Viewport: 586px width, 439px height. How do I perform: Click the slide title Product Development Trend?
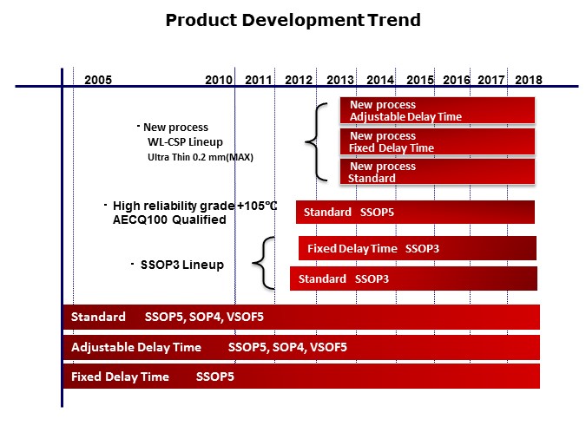click(x=293, y=20)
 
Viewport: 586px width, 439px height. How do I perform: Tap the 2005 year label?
click(x=98, y=80)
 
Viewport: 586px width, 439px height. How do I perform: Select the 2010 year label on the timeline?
click(x=219, y=80)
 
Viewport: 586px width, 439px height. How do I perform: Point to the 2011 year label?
click(x=259, y=80)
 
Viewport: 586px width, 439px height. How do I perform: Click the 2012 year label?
click(x=298, y=80)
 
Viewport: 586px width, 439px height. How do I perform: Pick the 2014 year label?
click(x=380, y=80)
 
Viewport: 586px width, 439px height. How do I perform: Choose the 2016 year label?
click(x=457, y=80)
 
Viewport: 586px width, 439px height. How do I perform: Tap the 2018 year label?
click(x=528, y=80)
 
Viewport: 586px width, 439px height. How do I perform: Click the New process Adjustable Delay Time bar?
click(x=437, y=111)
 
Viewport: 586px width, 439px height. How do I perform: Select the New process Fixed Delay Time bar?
click(x=437, y=142)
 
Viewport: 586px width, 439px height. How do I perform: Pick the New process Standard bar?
click(x=437, y=172)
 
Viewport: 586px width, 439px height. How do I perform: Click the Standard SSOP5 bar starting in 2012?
click(x=415, y=213)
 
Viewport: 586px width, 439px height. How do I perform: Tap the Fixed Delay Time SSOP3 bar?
click(x=417, y=249)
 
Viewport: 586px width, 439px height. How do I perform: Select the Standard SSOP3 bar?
click(x=412, y=278)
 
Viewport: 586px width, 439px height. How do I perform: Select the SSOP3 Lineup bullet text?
click(x=181, y=264)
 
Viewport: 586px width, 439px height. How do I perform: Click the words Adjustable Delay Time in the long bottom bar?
click(x=136, y=348)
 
